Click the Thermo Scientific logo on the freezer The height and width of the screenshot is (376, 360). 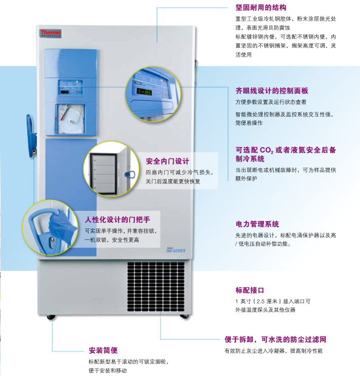click(50, 33)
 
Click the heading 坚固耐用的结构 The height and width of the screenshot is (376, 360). click(261, 8)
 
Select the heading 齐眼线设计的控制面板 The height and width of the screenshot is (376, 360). click(272, 91)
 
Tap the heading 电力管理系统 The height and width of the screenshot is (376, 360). click(257, 224)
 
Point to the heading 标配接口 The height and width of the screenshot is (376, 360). click(249, 290)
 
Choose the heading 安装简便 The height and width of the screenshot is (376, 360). click(103, 350)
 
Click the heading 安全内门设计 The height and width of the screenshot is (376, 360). click(167, 161)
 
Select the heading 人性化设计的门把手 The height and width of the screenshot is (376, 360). click(117, 219)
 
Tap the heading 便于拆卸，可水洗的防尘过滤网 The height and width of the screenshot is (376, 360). click(275, 340)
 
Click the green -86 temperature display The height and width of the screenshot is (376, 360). click(144, 92)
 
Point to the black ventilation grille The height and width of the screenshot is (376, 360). click(156, 287)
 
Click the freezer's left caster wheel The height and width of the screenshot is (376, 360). click(51, 317)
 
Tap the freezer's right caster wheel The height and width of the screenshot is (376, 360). click(184, 316)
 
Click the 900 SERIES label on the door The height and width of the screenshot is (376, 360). click(176, 250)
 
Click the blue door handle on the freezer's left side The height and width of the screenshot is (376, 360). click(32, 136)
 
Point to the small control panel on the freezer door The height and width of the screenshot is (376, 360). click(71, 87)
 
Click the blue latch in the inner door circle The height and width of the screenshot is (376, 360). click(130, 174)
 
